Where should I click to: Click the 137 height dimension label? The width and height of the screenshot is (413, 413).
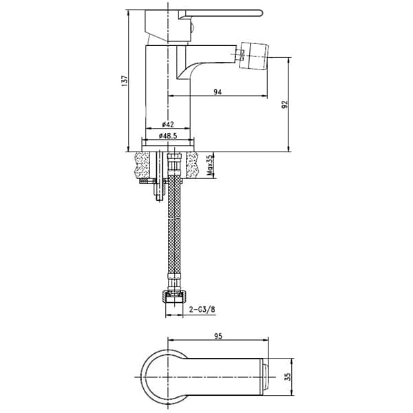pyautogui.click(x=125, y=81)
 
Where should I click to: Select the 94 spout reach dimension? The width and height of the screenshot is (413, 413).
pyautogui.click(x=218, y=92)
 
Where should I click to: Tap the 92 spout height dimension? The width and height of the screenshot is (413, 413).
pyautogui.click(x=285, y=105)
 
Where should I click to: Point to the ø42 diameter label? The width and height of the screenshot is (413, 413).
pyautogui.click(x=168, y=124)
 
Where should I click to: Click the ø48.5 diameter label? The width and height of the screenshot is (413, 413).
pyautogui.click(x=168, y=136)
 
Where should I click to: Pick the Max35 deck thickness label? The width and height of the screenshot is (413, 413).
pyautogui.click(x=209, y=165)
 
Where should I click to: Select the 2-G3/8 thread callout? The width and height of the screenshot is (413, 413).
pyautogui.click(x=202, y=310)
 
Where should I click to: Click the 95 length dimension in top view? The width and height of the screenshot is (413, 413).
pyautogui.click(x=218, y=336)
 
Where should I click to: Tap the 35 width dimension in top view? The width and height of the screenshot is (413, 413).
pyautogui.click(x=288, y=377)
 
